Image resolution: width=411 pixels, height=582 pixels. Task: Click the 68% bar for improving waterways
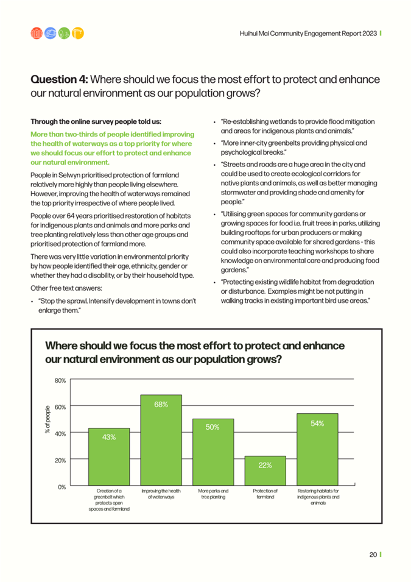pyautogui.click(x=161, y=440)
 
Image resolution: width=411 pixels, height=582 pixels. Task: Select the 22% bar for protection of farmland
pyautogui.click(x=265, y=470)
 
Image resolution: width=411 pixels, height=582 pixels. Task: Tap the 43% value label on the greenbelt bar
pyautogui.click(x=109, y=437)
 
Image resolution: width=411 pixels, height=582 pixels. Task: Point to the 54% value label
pyautogui.click(x=317, y=424)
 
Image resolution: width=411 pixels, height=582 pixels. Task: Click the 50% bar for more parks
pyautogui.click(x=213, y=452)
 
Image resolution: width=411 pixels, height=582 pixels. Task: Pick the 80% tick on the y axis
pyautogui.click(x=60, y=380)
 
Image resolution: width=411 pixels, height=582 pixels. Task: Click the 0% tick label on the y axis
pyautogui.click(x=61, y=487)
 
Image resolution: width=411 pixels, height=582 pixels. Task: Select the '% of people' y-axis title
pyautogui.click(x=47, y=419)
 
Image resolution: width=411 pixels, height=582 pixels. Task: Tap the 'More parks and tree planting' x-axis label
pyautogui.click(x=213, y=494)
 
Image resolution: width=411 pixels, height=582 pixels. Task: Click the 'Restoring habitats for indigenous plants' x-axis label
pyautogui.click(x=318, y=497)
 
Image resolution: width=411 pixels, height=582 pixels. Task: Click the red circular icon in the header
pyautogui.click(x=37, y=34)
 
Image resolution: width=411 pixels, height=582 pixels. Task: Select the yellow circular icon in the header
pyautogui.click(x=78, y=34)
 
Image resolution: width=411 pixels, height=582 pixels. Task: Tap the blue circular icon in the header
pyautogui.click(x=50, y=34)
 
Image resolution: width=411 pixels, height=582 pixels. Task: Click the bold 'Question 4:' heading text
pyautogui.click(x=59, y=79)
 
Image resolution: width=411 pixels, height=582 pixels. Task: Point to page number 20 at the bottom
pyautogui.click(x=373, y=555)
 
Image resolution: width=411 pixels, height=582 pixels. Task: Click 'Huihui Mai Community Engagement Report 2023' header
pyautogui.click(x=308, y=34)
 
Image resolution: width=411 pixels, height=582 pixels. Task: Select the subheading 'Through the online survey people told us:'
pyautogui.click(x=96, y=122)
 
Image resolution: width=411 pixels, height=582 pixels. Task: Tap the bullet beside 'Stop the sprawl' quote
pyautogui.click(x=33, y=302)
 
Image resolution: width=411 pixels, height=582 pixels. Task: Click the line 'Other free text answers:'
pyautogui.click(x=66, y=288)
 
